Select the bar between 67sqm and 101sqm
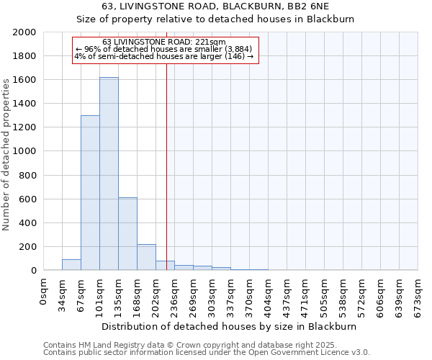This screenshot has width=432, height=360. pos(90,193)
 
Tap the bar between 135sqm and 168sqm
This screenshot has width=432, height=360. pos(127,234)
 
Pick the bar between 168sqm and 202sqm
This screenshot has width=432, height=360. pos(146,257)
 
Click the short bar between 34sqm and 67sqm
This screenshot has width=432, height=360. pos(71,265)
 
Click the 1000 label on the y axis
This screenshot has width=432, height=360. pos(25,151)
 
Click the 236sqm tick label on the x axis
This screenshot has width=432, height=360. pos(175,294)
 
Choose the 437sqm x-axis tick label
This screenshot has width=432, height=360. pos(287,294)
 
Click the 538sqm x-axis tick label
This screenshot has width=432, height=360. pos(343,294)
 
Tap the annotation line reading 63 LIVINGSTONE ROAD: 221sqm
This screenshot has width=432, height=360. pos(164,42)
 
